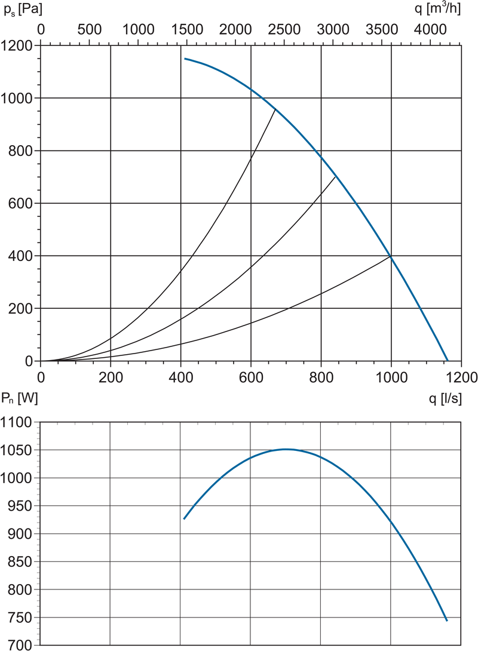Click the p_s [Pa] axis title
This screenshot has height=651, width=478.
pyautogui.click(x=23, y=9)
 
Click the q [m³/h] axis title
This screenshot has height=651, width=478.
pyautogui.click(x=438, y=8)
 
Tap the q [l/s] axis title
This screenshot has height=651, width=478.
pyautogui.click(x=445, y=398)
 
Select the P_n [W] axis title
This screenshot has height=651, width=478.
pyautogui.click(x=20, y=398)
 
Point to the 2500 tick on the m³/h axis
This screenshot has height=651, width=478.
pyautogui.click(x=284, y=29)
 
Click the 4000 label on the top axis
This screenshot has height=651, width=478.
pyautogui.click(x=430, y=29)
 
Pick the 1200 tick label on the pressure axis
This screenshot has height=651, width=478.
pyautogui.click(x=17, y=45)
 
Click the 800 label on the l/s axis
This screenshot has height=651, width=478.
pyautogui.click(x=321, y=377)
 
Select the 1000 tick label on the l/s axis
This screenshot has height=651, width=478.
pyautogui.click(x=391, y=377)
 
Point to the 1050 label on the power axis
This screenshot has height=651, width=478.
pyautogui.click(x=16, y=450)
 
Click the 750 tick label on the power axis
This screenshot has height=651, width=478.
pyautogui.click(x=20, y=618)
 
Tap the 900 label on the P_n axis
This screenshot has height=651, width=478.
pyautogui.click(x=20, y=534)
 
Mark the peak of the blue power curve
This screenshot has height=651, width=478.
pyautogui.click(x=287, y=449)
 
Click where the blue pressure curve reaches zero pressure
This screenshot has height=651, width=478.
pyautogui.click(x=448, y=361)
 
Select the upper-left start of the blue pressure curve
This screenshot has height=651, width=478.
pyautogui.click(x=185, y=59)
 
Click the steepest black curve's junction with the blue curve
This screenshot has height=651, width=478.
pyautogui.click(x=275, y=109)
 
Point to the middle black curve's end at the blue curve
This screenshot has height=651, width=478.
pyautogui.click(x=335, y=177)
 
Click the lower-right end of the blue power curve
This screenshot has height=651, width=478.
pyautogui.click(x=447, y=621)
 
